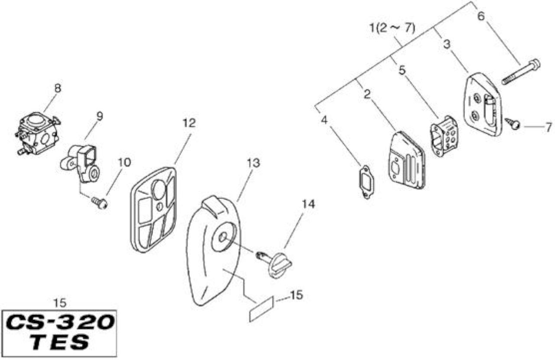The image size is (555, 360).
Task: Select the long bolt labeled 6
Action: point(521,72)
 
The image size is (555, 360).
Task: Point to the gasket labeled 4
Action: point(366,182)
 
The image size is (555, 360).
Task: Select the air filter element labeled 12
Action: point(153,210)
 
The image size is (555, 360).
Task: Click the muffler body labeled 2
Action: point(407,160)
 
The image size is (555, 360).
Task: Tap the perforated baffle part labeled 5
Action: point(444,136)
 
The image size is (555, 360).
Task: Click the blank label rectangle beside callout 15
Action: point(261,309)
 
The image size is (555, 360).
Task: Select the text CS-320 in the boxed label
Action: point(60,323)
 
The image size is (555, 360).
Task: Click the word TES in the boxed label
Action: point(59,343)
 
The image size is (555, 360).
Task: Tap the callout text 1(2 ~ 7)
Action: point(392,28)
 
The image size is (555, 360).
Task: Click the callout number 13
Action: point(254,163)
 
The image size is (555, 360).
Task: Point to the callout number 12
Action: point(189,123)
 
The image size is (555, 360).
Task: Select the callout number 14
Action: point(308,204)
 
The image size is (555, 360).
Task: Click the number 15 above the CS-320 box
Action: point(60,303)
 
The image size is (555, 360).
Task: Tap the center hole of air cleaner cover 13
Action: point(222,237)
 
